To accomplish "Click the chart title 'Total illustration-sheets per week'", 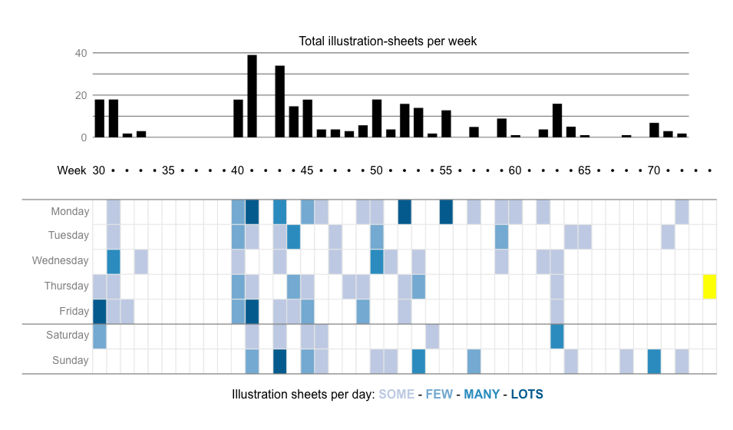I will (388, 41).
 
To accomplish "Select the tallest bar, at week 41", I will (252, 96).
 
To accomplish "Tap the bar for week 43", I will (279, 101).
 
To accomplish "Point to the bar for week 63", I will (556, 121).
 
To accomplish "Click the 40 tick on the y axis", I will (81, 53).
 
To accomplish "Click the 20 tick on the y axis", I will (81, 95).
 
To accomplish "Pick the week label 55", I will (446, 170).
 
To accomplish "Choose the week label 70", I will (653, 170).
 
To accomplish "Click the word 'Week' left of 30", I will (71, 170).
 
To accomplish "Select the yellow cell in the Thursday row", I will (709, 286).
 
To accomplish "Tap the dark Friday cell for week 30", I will (100, 312).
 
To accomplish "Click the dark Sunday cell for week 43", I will (279, 361).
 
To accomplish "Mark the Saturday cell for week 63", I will (556, 336).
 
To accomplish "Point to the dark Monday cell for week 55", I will (446, 212).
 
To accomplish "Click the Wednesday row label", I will (61, 261).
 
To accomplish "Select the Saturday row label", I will (68, 336).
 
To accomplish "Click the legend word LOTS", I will (527, 395).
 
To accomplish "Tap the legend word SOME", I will (396, 395).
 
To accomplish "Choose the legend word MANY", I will (481, 395).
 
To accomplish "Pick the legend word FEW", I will (439, 395).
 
